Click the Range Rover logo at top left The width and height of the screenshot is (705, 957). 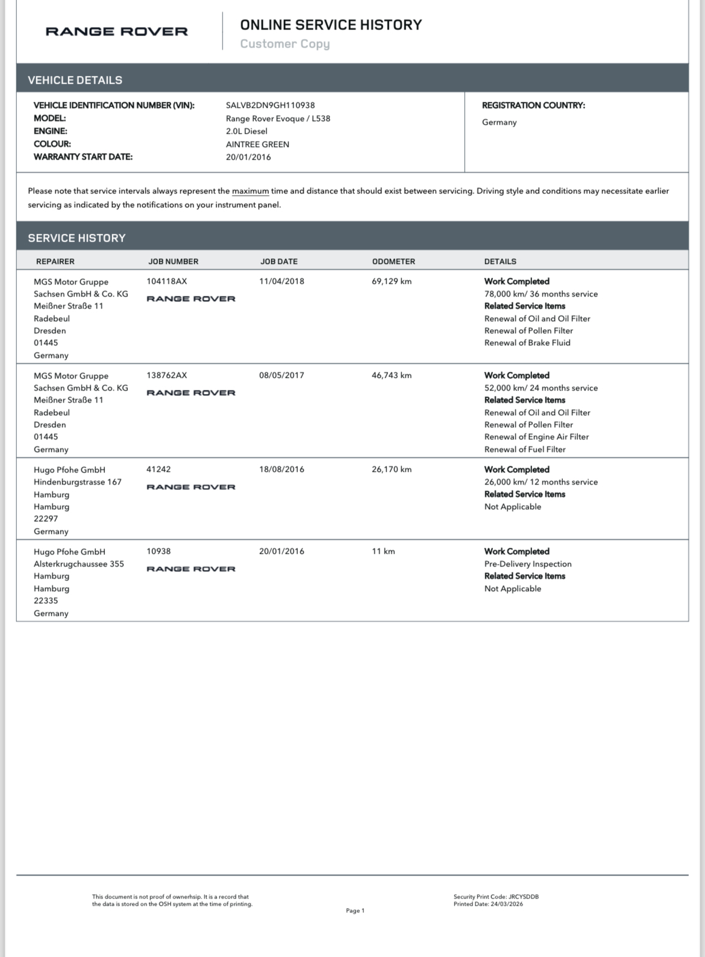click(x=116, y=31)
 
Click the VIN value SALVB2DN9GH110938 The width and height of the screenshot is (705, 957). click(x=270, y=105)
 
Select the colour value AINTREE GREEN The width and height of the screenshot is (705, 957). click(x=257, y=145)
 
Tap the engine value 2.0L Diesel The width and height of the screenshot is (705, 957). click(x=246, y=131)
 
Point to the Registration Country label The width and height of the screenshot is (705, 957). click(x=533, y=105)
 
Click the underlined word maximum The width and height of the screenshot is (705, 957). click(x=250, y=191)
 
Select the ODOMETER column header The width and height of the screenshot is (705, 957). click(x=393, y=262)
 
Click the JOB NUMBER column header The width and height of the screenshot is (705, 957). click(x=173, y=262)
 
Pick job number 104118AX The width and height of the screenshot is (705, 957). click(x=167, y=281)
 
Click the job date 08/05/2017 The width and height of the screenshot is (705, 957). click(x=281, y=375)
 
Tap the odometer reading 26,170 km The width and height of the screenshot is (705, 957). click(x=392, y=469)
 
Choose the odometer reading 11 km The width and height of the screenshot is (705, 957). click(x=383, y=551)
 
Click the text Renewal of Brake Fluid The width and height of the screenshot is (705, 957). click(x=527, y=343)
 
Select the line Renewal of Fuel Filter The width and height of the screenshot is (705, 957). click(x=525, y=450)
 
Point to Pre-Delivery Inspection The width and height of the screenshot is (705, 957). click(x=528, y=564)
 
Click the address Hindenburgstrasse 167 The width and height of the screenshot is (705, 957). click(x=78, y=482)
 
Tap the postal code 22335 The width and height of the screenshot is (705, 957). click(x=46, y=601)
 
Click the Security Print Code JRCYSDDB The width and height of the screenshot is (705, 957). click(x=523, y=897)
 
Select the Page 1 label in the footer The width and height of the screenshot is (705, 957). click(x=355, y=911)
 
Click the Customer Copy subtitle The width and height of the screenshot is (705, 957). click(x=284, y=44)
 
